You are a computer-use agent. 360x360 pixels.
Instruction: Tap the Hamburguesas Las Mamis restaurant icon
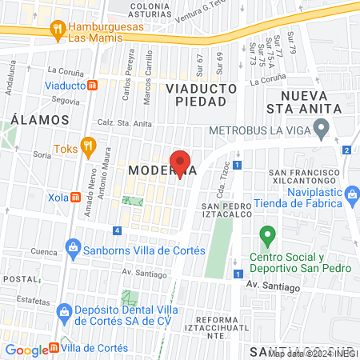pyautogui.click(x=57, y=30)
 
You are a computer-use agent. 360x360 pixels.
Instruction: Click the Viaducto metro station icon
pyautogui.click(x=93, y=84)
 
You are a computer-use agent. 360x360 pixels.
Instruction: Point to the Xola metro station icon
pyautogui.click(x=75, y=197)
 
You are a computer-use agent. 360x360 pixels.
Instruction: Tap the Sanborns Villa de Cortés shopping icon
pyautogui.click(x=74, y=247)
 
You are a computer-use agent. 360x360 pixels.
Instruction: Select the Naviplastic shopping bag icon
pyautogui.click(x=352, y=192)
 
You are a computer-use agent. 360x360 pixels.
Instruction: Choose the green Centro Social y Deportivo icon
pyautogui.click(x=266, y=237)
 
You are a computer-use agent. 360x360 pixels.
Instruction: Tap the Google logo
pyautogui.click(x=26, y=350)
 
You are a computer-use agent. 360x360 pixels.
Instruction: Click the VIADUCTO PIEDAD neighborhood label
pyautogui.click(x=201, y=94)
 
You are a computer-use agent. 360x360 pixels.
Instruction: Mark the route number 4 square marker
pyautogui.click(x=118, y=231)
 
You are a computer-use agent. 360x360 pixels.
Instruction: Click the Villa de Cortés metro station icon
pyautogui.click(x=54, y=347)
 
